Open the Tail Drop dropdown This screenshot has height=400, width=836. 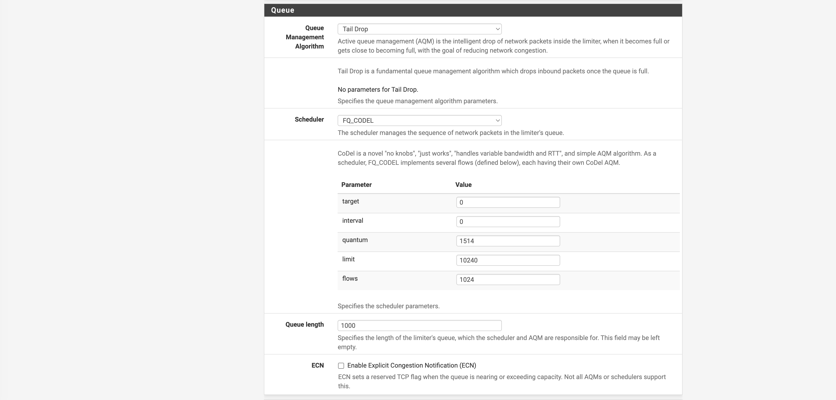tap(419, 29)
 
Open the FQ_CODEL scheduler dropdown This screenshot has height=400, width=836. tap(419, 120)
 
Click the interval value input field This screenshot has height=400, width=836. tap(508, 222)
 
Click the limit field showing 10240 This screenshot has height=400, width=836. tap(508, 260)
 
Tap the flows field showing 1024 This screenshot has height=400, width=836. tap(508, 280)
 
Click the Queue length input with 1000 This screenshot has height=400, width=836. tap(419, 326)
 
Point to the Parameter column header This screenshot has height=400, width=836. tap(356, 185)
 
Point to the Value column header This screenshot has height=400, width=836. tap(463, 185)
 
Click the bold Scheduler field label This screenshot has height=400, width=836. tap(309, 120)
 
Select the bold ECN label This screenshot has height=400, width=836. tap(317, 366)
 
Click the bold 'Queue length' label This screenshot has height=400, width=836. tap(304, 325)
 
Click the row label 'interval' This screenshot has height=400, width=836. tap(353, 221)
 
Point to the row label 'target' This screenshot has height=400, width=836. tap(350, 201)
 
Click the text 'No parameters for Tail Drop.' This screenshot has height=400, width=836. tap(378, 90)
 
